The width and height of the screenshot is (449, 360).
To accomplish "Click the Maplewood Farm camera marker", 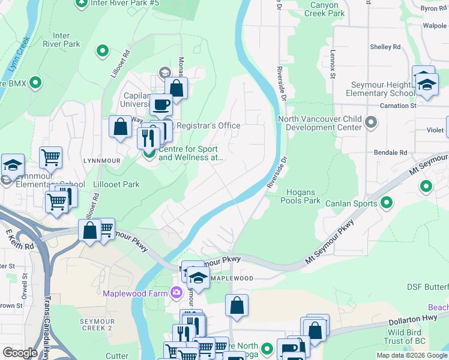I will click(x=176, y=293).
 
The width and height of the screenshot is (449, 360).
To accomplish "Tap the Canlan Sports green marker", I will click(x=387, y=203).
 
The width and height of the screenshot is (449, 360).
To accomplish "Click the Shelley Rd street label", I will click(x=385, y=47).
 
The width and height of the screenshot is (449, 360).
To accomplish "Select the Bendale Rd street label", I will click(x=393, y=152).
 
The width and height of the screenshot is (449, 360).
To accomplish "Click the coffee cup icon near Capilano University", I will click(x=161, y=105).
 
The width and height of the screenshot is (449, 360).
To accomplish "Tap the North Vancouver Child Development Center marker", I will click(x=371, y=123).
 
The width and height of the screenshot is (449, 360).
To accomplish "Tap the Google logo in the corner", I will click(x=20, y=353).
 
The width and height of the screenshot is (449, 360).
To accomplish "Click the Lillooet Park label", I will click(x=116, y=184).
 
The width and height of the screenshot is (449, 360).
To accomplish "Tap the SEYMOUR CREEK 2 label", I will click(x=97, y=325).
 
